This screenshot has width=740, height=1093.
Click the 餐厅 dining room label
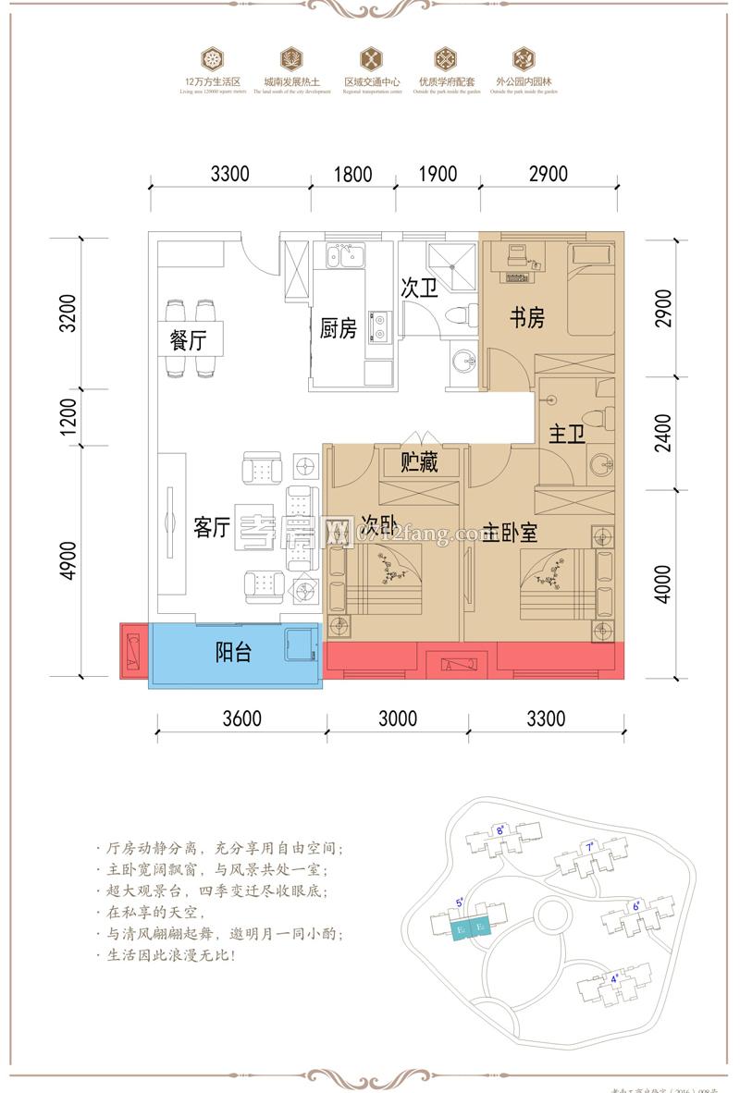tap(189, 340)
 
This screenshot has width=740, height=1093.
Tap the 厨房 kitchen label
tap(338, 328)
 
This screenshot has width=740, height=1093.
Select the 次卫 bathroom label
tap(418, 289)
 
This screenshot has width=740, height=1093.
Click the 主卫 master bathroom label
tap(567, 435)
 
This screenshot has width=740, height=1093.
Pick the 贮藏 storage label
tap(418, 462)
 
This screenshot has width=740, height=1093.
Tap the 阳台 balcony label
tap(233, 653)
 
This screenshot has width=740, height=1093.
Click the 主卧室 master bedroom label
tap(511, 534)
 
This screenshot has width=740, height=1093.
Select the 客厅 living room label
tap(211, 527)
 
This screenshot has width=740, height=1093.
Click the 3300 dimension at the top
tap(230, 173)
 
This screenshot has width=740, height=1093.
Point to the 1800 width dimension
tap(352, 173)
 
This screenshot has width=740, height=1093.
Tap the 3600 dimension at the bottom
tap(241, 718)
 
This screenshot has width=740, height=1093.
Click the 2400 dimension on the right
tap(662, 431)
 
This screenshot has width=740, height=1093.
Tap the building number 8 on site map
tap(499, 829)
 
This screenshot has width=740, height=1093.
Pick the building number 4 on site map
tap(614, 976)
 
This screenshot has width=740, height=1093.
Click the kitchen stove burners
tap(378, 323)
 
